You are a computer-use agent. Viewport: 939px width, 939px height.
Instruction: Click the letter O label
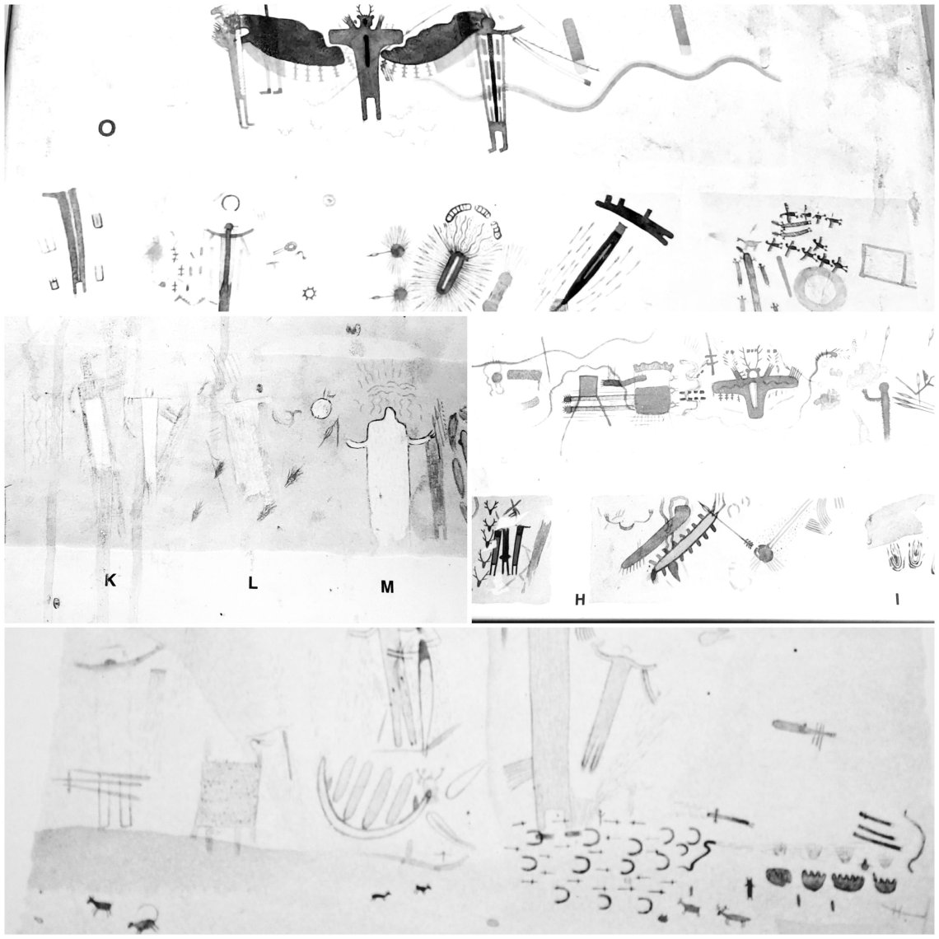tap(106, 128)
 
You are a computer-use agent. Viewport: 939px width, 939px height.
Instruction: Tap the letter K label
tap(110, 580)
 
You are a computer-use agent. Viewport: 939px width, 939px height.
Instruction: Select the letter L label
tap(253, 582)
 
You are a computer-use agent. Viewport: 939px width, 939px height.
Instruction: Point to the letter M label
tap(387, 586)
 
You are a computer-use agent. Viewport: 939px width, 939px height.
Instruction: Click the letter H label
tap(580, 599)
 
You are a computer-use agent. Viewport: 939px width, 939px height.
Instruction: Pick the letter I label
tap(897, 599)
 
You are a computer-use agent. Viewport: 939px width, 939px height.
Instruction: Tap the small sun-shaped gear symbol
tap(309, 293)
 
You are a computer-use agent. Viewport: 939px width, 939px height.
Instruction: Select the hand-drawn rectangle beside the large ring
tap(886, 265)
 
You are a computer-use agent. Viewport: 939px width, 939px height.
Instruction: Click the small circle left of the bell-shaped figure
tap(321, 409)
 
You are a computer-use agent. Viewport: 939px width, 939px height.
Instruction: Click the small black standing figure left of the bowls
tap(750, 887)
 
